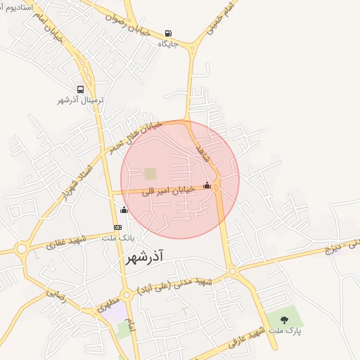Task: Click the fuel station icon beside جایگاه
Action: [167, 33]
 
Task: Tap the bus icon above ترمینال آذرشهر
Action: [80, 90]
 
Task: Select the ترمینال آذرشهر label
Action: [80, 100]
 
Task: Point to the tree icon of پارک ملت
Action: [284, 320]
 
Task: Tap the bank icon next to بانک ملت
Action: [117, 227]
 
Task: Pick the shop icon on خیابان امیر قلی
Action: [207, 186]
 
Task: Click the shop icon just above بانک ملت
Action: [124, 210]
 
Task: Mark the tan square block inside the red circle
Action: [150, 173]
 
